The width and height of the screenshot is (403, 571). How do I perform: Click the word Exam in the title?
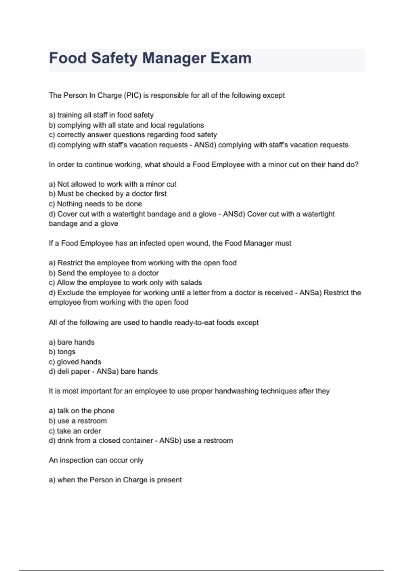tap(231, 58)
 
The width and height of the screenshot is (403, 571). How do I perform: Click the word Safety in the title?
tap(114, 58)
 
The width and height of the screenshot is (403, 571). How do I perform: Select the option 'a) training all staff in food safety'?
tap(101, 115)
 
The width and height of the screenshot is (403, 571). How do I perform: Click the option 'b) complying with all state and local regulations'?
tap(126, 125)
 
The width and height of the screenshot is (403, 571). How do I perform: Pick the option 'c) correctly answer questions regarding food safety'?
tap(133, 135)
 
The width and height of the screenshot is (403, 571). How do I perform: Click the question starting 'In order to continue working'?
tap(204, 165)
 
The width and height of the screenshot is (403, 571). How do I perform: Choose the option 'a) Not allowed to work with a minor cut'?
tap(113, 184)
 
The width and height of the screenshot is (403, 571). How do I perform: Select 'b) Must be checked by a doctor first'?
tap(107, 194)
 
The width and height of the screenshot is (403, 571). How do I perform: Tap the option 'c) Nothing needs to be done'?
tap(95, 204)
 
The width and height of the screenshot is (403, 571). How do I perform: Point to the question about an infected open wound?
tap(170, 243)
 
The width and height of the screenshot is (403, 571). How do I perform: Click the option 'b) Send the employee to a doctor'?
tap(104, 273)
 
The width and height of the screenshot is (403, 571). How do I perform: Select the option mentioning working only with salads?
tap(125, 283)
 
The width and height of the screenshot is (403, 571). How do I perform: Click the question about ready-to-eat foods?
tap(153, 323)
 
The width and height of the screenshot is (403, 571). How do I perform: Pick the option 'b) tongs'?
tap(62, 352)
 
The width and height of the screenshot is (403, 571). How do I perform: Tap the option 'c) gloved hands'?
tap(75, 362)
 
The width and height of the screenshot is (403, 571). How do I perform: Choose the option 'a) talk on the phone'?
tap(82, 411)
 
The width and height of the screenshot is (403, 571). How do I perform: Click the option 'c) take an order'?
tap(75, 431)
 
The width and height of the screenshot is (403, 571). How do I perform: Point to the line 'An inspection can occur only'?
tap(96, 460)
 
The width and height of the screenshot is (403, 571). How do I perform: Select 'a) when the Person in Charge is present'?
tap(115, 480)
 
